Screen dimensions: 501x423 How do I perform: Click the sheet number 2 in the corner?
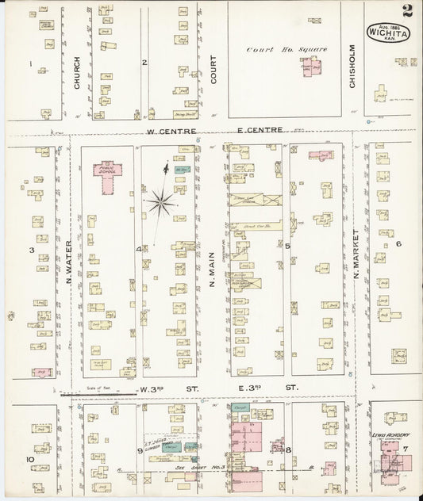tap(406, 10)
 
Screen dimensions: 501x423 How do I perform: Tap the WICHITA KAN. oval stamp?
tap(388, 34)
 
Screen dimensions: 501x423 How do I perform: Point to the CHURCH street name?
tap(77, 71)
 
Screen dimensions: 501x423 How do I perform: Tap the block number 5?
tap(287, 247)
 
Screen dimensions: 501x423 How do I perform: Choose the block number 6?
tap(398, 244)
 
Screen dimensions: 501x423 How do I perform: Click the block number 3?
tap(31, 250)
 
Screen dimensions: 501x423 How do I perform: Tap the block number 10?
tap(30, 459)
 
